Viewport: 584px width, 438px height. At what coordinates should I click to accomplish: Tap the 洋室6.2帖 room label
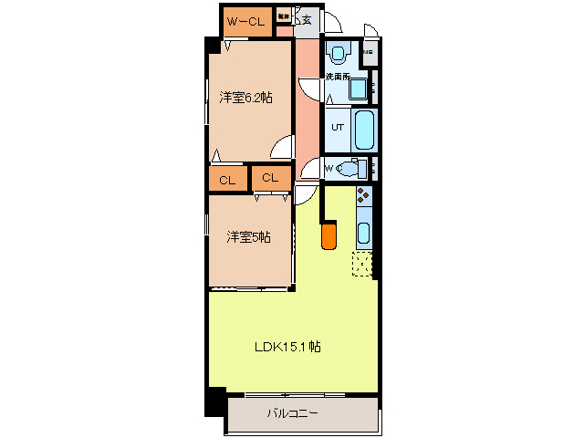tap(245, 97)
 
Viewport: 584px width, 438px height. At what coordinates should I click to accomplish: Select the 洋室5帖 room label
tap(248, 237)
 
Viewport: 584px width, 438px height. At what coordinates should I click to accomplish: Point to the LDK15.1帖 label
tap(287, 346)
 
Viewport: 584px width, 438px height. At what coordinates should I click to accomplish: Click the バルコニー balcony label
tap(292, 413)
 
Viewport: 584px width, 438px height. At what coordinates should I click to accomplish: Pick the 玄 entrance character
tap(307, 18)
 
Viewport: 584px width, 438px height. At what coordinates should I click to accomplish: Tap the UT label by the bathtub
tap(337, 127)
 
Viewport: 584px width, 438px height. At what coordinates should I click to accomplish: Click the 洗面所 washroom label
tap(339, 77)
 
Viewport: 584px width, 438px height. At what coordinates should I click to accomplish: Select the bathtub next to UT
tap(364, 130)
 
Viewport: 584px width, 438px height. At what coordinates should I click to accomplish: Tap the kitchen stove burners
tap(363, 197)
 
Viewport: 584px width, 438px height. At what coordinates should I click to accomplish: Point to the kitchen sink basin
tap(363, 233)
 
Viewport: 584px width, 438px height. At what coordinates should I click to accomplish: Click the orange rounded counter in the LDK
tap(328, 235)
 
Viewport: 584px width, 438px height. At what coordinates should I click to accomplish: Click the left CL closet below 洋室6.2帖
tap(227, 180)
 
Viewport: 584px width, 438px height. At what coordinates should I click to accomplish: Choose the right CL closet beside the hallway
tap(270, 178)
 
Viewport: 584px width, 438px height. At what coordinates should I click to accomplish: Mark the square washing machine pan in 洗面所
tap(359, 89)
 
